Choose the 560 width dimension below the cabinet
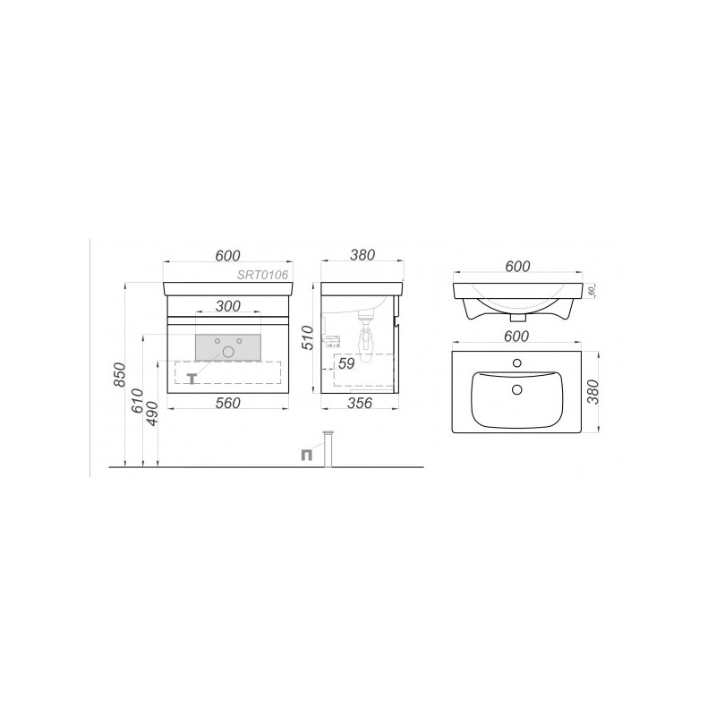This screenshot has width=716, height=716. coord(227,404)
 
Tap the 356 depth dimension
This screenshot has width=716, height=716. coord(359,404)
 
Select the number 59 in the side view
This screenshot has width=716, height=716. coord(347,364)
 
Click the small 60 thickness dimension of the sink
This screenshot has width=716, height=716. coord(592,292)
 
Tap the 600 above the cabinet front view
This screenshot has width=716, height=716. coord(227,254)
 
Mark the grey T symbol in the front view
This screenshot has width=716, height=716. coord(191,378)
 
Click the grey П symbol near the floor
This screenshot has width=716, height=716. coord(307,453)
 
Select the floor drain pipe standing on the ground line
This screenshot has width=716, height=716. coord(329,448)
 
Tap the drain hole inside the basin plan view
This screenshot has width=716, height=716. coord(516,389)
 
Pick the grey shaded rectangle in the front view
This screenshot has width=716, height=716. coord(227,347)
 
